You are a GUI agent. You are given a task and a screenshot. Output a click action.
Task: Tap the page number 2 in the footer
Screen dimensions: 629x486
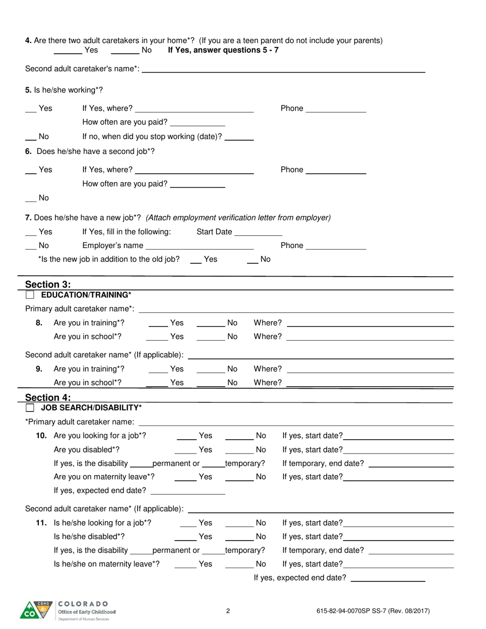pos(228,611)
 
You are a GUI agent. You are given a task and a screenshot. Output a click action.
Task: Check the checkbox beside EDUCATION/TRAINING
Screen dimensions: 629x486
pos(30,295)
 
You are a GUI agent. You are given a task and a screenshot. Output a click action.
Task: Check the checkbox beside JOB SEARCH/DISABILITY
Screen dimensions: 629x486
pos(30,408)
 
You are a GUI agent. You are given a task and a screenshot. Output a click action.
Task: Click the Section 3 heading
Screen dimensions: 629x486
pos(48,284)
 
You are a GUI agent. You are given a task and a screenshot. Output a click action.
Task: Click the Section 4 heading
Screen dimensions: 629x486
pos(48,397)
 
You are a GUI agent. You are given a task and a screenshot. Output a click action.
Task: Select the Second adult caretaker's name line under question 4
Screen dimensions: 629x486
pos(283,71)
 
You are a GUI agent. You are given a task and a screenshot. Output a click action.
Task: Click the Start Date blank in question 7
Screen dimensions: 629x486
pos(258,233)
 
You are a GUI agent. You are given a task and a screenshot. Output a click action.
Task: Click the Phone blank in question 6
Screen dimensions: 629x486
pos(336,171)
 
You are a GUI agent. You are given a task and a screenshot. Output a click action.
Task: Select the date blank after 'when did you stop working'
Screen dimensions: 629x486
pos(239,138)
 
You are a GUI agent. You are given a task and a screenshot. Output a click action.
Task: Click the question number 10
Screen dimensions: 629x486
pos(41,436)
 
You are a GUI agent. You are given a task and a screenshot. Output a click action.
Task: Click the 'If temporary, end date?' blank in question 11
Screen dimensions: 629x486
pos(411,552)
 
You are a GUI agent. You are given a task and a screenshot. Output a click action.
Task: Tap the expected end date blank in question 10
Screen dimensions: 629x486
pos(188,492)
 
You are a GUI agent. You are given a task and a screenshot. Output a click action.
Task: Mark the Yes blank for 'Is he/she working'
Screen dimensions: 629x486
pos(31,109)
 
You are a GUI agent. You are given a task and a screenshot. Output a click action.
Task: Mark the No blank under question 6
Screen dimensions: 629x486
pos(31,199)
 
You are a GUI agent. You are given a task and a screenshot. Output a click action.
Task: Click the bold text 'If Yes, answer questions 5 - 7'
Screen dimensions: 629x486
pos(224,50)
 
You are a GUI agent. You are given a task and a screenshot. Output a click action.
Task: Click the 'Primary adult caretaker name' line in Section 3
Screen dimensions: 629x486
pos(296,310)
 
